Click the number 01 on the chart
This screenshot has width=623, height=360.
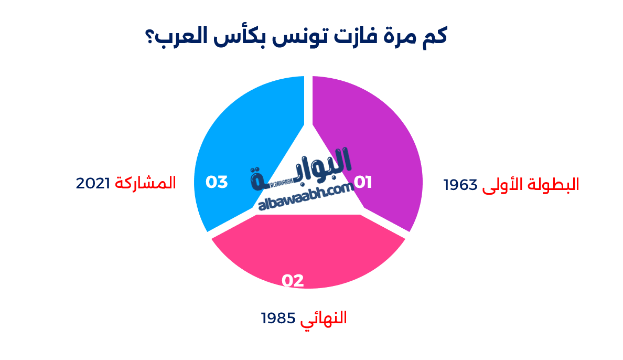pyautogui.click(x=363, y=182)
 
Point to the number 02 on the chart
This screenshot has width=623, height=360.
pyautogui.click(x=293, y=281)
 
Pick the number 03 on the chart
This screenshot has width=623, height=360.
pyautogui.click(x=216, y=182)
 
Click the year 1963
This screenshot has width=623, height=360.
pyautogui.click(x=460, y=185)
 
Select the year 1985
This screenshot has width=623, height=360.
pyautogui.click(x=278, y=318)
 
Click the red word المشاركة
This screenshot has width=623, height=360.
pyautogui.click(x=145, y=183)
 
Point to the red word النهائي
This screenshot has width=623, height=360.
pyautogui.click(x=324, y=318)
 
